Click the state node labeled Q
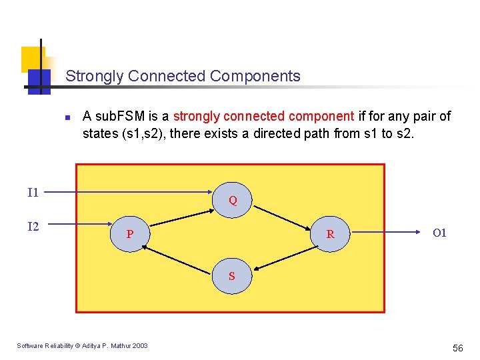(x=233, y=199)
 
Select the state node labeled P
(x=130, y=234)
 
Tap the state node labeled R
(x=331, y=234)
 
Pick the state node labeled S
(x=232, y=275)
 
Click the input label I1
(x=33, y=193)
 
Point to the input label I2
(x=33, y=227)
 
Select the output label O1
(x=439, y=233)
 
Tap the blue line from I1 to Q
(x=133, y=193)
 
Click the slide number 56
(x=457, y=348)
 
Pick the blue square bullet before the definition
(x=67, y=118)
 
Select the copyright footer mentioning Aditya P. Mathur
(x=83, y=345)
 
